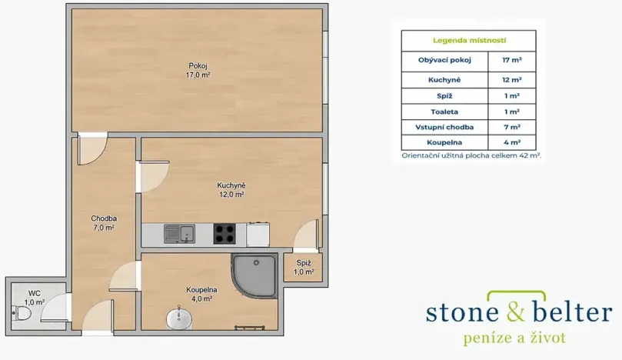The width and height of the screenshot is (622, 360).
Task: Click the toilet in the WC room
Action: (22, 313)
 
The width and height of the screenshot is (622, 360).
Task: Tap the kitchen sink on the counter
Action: (179, 234)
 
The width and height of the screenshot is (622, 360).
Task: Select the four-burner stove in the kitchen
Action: (225, 234)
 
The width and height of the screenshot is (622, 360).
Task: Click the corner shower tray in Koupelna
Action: (254, 275)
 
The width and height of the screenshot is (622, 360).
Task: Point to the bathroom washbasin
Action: (179, 318)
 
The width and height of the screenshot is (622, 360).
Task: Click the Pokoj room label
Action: (198, 66)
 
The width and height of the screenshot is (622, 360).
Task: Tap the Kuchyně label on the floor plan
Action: (231, 185)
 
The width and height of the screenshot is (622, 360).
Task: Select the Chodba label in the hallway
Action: (104, 218)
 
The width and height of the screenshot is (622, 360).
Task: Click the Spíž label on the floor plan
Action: (304, 263)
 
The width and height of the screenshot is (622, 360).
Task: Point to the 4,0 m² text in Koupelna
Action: (201, 299)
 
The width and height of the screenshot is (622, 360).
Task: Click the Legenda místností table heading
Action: (469, 40)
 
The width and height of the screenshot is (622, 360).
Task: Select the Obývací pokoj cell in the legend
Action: (444, 60)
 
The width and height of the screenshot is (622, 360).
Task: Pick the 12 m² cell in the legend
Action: (512, 80)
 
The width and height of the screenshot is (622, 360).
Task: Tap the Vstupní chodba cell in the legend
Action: (444, 128)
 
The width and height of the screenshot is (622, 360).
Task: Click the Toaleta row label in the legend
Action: (444, 112)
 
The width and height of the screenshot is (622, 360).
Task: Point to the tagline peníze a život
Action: (514, 338)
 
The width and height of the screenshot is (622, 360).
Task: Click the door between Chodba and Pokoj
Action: (93, 148)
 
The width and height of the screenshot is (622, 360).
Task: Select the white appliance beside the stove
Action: (258, 234)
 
